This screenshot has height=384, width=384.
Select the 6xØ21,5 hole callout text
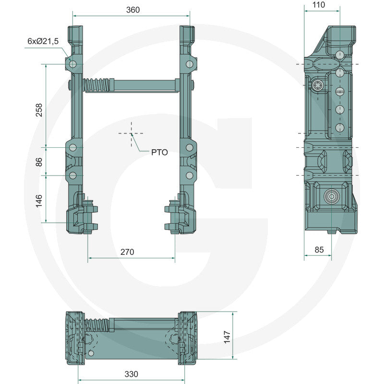pyautogui.click(x=43, y=42)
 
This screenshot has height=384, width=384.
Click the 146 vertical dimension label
pyautogui.click(x=39, y=199)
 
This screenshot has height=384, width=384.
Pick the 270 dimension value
pyautogui.click(x=127, y=252)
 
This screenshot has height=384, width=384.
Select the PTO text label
pyautogui.click(x=159, y=152)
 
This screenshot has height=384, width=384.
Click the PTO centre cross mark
pyautogui.click(x=131, y=134)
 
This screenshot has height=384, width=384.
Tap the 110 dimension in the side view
pyautogui.click(x=318, y=5)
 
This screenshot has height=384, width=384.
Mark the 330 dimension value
pyautogui.click(x=131, y=374)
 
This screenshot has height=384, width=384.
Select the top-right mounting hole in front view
pyautogui.click(x=189, y=63)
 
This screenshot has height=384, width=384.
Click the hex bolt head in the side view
pyautogui.click(x=318, y=85)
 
